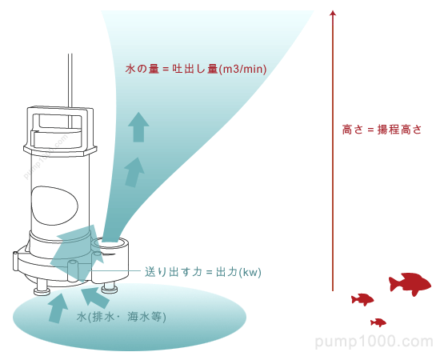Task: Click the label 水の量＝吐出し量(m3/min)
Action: point(196,70)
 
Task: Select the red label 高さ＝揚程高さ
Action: point(382,129)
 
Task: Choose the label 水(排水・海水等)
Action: point(122,317)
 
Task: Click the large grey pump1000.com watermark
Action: point(374,342)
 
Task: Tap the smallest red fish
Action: point(378,322)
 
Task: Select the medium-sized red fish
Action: point(362,299)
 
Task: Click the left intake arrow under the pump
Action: point(58,306)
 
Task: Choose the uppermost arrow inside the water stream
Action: point(139,126)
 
